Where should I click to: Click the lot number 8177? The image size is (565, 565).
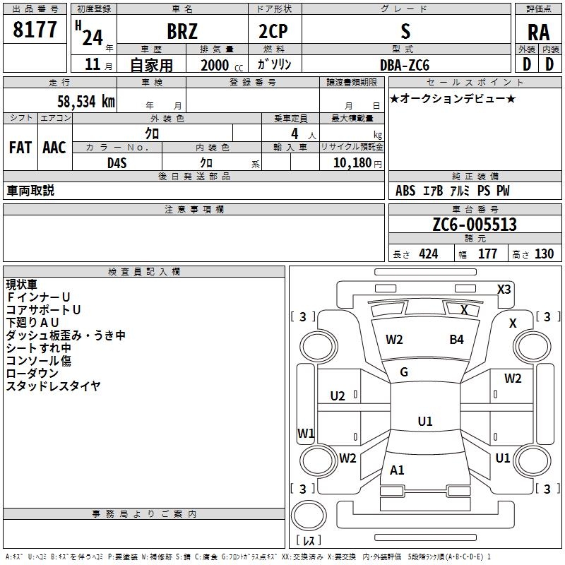[35, 31]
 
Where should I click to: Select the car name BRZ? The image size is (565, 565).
[182, 32]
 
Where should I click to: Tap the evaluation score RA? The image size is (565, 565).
[539, 32]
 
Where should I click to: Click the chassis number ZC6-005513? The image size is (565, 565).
[475, 225]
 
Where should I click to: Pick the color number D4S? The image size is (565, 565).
[117, 162]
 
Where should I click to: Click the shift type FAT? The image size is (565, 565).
[20, 148]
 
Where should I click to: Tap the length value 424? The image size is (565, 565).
[428, 254]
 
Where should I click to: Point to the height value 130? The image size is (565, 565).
[544, 254]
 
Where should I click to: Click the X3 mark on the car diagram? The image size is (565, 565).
[504, 289]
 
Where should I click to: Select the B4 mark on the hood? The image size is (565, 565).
[457, 340]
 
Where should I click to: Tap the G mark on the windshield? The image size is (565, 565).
[404, 372]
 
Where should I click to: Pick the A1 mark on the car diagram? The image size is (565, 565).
[397, 470]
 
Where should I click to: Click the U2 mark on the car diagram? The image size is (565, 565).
[338, 395]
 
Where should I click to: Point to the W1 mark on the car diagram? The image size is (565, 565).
[305, 433]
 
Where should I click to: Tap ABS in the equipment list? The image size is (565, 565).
[405, 191]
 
